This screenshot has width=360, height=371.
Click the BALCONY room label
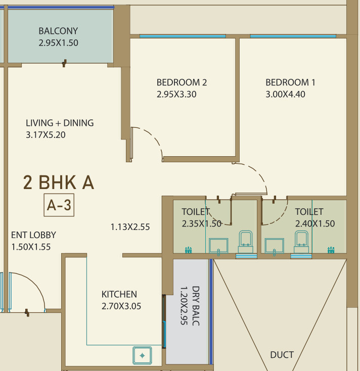point(58,31)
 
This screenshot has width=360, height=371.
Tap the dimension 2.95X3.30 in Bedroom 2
point(176,94)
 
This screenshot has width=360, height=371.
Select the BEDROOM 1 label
point(290,82)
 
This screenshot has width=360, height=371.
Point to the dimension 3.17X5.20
point(46,135)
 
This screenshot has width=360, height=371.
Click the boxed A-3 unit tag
point(59,205)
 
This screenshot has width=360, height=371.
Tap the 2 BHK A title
point(59,182)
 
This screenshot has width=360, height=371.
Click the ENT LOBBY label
point(33,235)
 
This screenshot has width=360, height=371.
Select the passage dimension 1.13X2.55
point(130,227)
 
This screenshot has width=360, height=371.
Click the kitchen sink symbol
point(142,355)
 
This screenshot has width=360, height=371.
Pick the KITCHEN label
point(119,294)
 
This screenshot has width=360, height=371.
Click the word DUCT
point(282,355)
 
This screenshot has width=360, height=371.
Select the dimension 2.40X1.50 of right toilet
point(315,223)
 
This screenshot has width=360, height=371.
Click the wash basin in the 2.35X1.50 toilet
point(218,246)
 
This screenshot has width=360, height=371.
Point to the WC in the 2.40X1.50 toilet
point(301,242)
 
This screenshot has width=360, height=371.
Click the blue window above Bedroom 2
point(183,36)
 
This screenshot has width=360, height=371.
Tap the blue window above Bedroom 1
point(293,36)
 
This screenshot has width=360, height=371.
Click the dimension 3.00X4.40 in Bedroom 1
point(286,94)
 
